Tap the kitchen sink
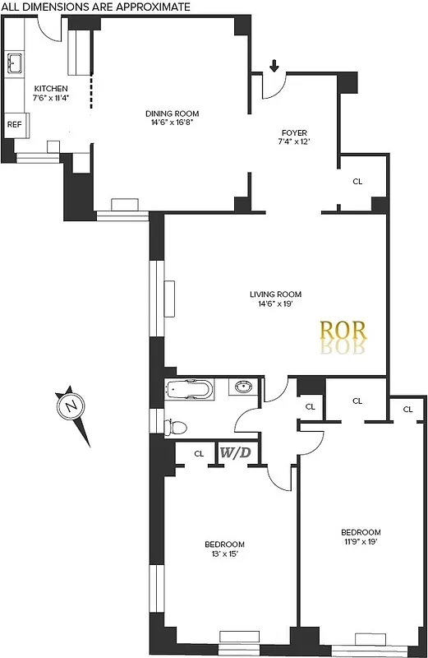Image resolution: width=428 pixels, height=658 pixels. click(15, 63)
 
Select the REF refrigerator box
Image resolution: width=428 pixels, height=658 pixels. click(15, 125)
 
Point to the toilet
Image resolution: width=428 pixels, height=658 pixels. click(175, 426)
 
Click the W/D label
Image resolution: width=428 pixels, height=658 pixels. click(237, 452)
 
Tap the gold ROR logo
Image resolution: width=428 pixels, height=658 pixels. click(343, 331)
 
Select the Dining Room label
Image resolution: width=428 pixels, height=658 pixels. click(173, 114)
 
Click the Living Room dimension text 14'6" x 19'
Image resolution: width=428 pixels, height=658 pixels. click(276, 304)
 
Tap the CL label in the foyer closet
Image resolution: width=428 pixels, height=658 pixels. click(357, 181)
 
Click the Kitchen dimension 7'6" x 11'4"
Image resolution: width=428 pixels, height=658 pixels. click(51, 98)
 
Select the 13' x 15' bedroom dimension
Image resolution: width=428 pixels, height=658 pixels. click(225, 554)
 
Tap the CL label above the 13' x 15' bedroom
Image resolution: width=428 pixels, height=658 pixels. click(199, 453)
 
